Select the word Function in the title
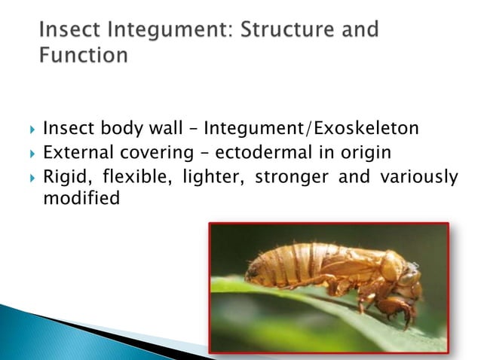click(83, 56)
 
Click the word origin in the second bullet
click(367, 153)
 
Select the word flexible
click(127, 178)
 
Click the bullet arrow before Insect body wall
click(29, 130)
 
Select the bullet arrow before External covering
click(29, 154)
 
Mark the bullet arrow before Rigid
click(29, 178)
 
